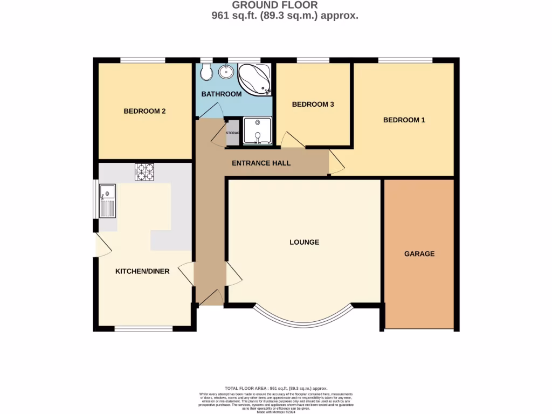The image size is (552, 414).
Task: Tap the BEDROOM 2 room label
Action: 144,112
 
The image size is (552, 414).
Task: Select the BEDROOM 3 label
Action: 313,105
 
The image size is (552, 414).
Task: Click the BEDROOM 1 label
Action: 404,120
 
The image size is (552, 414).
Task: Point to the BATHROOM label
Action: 221,94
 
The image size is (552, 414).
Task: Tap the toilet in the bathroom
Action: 205,72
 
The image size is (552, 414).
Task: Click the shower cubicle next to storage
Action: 257,131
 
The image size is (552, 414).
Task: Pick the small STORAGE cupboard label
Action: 232,133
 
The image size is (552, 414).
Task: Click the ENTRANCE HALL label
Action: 261,163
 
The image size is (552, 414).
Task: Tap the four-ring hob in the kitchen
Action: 144,171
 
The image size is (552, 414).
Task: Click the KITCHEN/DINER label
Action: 142,272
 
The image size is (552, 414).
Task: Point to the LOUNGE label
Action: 304,243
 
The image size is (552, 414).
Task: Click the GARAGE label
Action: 419,254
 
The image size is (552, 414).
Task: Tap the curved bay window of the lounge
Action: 304,320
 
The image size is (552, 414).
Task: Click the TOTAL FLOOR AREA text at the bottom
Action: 275,389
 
